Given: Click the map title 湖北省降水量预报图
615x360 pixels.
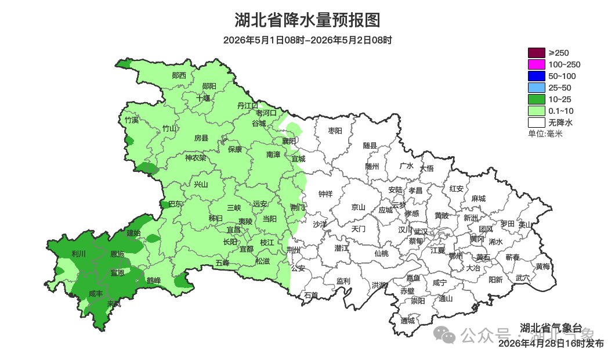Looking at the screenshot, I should click(x=307, y=20).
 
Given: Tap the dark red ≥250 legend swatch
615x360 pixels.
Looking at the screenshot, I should click(x=536, y=53).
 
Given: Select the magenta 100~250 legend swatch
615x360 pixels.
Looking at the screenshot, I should click(x=536, y=64).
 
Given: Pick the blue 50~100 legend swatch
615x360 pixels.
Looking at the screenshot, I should click(x=536, y=76).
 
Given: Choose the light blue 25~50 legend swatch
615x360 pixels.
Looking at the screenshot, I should click(x=536, y=88).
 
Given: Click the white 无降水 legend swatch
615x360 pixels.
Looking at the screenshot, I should click(x=536, y=123).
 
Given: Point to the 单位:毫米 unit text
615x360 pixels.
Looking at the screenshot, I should click(x=545, y=134).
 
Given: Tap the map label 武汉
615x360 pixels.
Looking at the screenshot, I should click(x=421, y=232).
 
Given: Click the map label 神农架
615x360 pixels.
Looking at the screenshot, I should click(x=196, y=158).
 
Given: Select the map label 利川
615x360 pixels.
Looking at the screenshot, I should click(x=78, y=254).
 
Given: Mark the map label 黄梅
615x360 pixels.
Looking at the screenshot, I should click(x=542, y=267).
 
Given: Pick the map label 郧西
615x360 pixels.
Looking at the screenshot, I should click(x=179, y=75).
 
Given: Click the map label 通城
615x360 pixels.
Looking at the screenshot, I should click(x=408, y=321).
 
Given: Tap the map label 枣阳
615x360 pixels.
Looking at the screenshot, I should click(x=335, y=131).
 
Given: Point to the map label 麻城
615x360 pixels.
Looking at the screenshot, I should click(x=478, y=199).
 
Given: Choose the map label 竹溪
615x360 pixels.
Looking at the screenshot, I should click(x=132, y=120).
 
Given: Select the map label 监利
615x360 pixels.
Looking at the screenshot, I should click(x=343, y=281).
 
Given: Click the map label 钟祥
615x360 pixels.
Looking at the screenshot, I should click(x=325, y=194).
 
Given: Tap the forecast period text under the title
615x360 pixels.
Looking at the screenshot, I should click(x=307, y=40).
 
